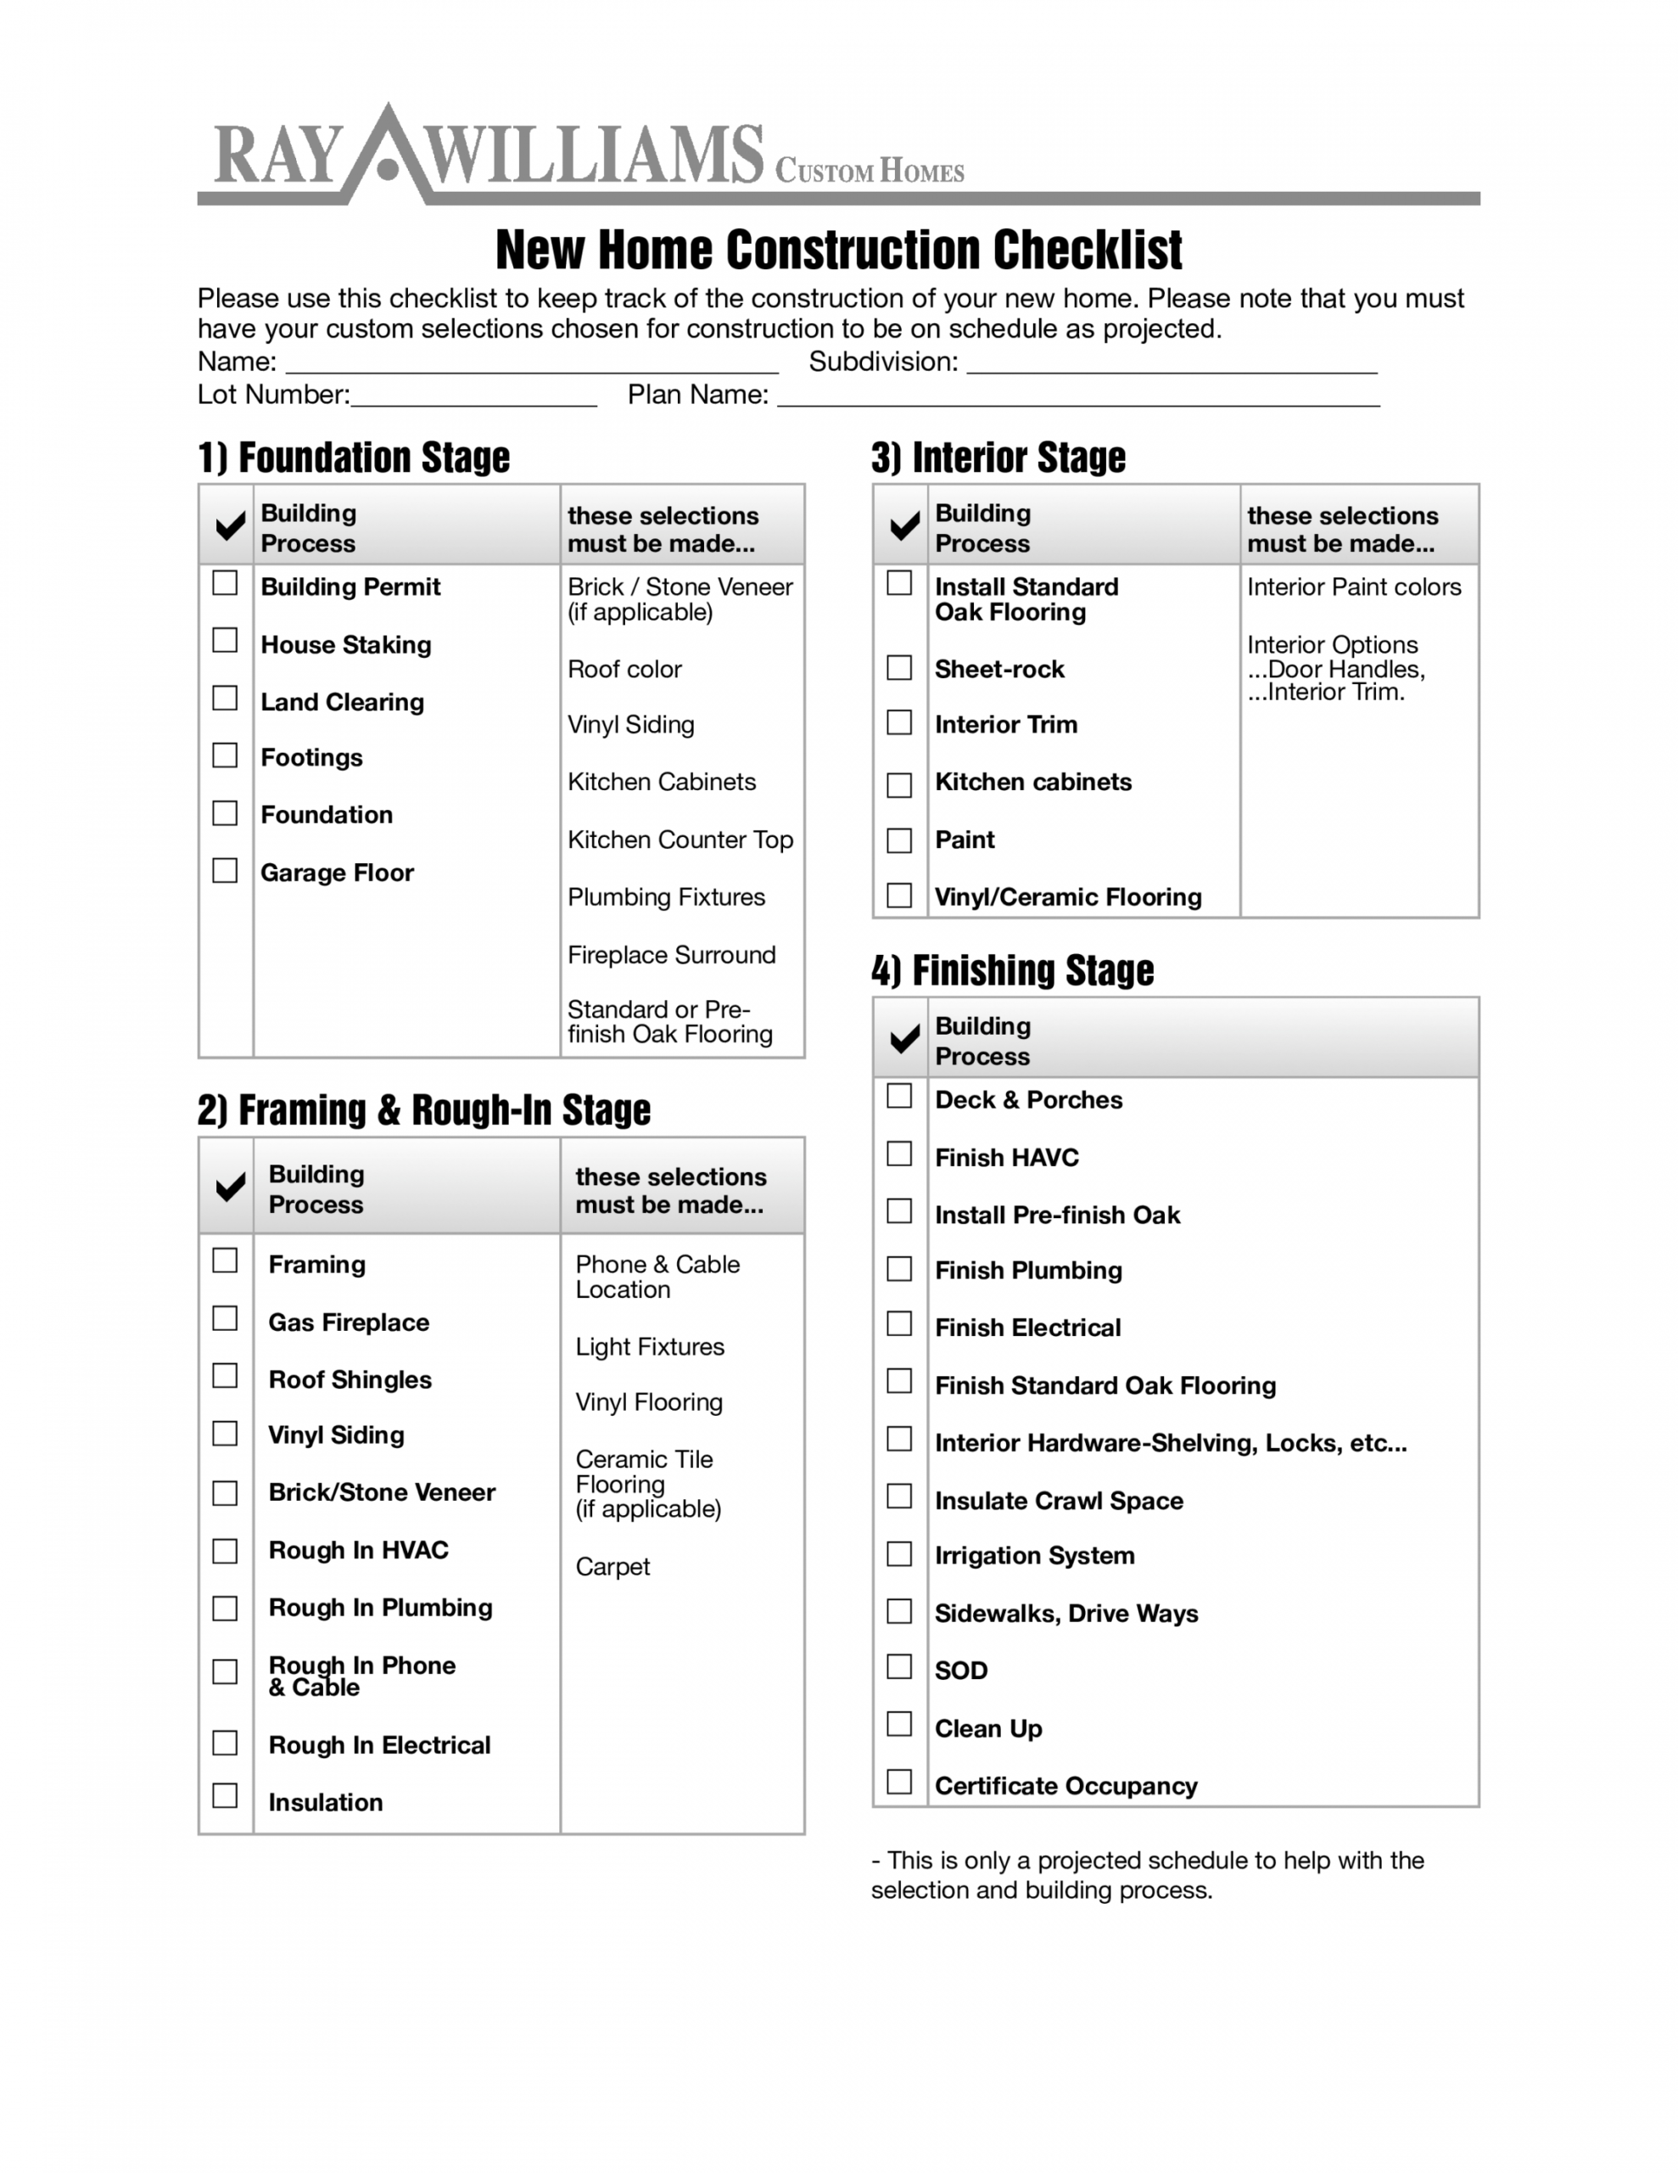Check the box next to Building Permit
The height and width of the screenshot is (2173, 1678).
click(225, 583)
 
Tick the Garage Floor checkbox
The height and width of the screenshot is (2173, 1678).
click(225, 871)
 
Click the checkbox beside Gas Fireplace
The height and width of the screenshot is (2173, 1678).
click(225, 1318)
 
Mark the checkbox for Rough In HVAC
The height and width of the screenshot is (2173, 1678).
click(225, 1551)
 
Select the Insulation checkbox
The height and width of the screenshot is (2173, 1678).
click(225, 1796)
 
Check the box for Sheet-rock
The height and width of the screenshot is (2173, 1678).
click(899, 668)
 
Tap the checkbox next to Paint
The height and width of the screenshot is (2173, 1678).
click(899, 840)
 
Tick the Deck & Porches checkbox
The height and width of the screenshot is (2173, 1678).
click(899, 1096)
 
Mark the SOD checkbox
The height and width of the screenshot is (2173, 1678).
click(899, 1666)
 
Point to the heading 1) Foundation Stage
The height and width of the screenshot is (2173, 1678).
click(353, 458)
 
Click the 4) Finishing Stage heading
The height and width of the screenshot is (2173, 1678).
click(1013, 970)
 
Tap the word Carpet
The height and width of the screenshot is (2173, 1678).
click(612, 1567)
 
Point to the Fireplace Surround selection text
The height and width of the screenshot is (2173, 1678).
click(671, 955)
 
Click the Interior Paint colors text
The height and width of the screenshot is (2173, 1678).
click(1354, 587)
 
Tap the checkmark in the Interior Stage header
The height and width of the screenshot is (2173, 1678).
click(904, 526)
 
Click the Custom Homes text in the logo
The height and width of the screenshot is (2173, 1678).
click(870, 171)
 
